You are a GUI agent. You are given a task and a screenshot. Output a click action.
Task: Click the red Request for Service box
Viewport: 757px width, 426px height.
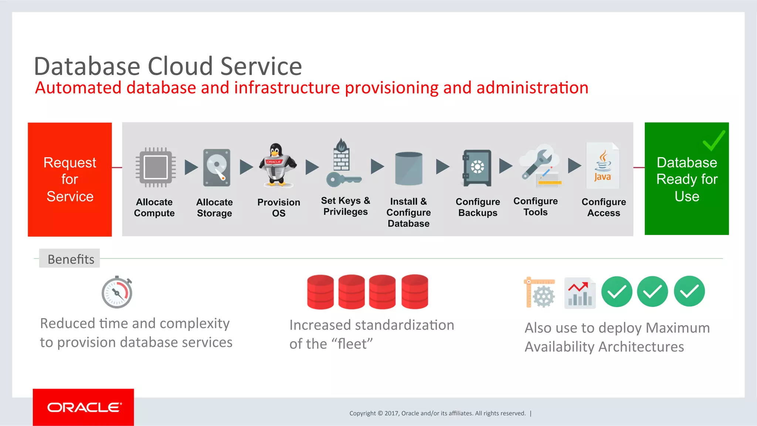[70, 180]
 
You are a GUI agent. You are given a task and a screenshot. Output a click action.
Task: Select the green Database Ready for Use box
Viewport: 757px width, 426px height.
[686, 179]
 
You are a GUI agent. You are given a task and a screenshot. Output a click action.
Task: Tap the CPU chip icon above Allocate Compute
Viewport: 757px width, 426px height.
[155, 167]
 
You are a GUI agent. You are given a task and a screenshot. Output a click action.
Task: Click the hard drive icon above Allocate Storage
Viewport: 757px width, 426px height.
[217, 167]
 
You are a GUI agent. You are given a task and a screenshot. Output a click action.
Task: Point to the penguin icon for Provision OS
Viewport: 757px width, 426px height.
[277, 165]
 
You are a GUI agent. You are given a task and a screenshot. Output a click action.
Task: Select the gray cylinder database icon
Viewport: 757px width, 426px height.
[408, 168]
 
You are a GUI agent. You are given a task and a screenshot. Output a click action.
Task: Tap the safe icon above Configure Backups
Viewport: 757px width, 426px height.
[477, 168]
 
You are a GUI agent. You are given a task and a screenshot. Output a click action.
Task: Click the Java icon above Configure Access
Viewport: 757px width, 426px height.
[602, 166]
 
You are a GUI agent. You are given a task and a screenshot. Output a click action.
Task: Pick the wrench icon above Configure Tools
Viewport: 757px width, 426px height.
[538, 163]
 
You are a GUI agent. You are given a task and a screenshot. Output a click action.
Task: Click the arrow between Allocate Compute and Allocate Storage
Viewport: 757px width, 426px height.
[191, 167]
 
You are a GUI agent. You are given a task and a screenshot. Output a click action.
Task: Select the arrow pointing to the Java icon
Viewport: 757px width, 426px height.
[574, 166]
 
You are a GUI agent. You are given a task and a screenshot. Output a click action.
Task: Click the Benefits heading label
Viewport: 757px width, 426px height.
[70, 259]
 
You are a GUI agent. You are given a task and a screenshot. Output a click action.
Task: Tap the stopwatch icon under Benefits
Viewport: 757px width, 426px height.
[117, 292]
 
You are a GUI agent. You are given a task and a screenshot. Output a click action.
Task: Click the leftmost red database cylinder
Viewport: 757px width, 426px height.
[320, 292]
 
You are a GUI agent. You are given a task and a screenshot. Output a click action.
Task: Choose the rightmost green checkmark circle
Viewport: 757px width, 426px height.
[689, 292]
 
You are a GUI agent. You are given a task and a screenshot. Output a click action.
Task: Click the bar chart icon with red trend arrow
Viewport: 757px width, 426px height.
[580, 294]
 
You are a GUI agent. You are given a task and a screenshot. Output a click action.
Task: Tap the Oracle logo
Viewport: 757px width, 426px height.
[84, 407]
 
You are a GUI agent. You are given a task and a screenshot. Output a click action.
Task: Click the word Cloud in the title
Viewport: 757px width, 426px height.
[180, 67]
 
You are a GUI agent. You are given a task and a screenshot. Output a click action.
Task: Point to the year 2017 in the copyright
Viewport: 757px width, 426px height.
[391, 413]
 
